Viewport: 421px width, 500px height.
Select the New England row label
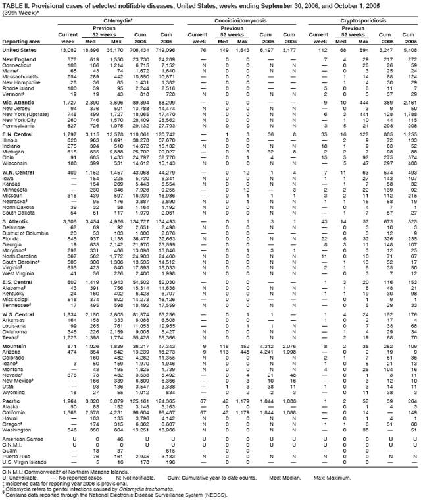18,60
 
